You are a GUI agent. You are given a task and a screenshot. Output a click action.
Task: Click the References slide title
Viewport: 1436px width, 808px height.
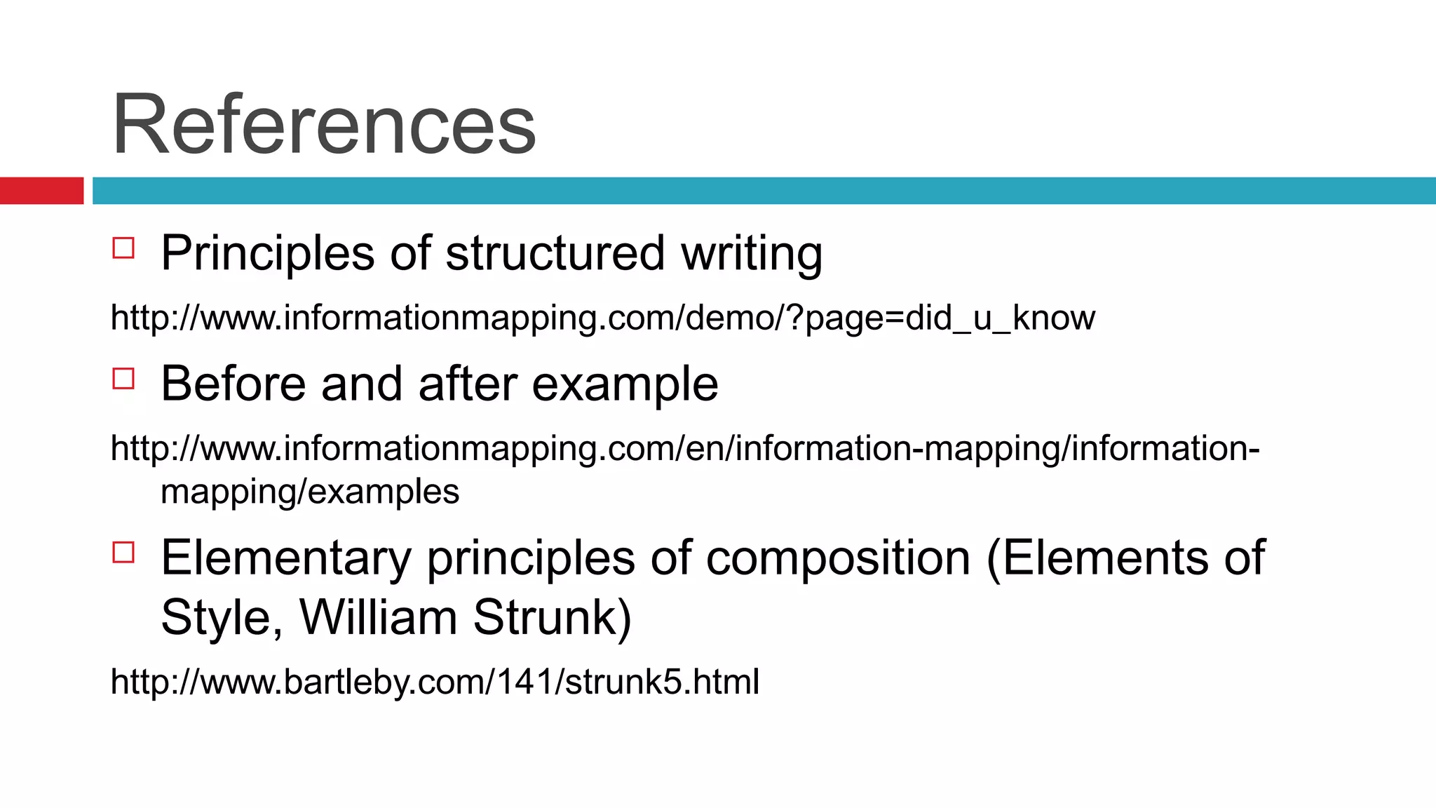click(324, 125)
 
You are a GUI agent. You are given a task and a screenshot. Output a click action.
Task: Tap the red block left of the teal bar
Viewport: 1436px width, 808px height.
click(41, 191)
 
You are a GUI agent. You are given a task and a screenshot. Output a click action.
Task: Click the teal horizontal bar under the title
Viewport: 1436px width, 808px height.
click(763, 191)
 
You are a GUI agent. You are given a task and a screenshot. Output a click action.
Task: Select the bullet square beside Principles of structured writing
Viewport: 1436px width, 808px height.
click(123, 248)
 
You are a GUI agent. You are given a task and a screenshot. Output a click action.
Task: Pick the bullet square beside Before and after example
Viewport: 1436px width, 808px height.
click(123, 379)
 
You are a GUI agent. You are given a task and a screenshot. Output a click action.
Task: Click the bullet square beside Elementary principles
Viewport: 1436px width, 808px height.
click(123, 553)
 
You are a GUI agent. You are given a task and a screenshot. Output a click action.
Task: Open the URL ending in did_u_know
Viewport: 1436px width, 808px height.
click(602, 318)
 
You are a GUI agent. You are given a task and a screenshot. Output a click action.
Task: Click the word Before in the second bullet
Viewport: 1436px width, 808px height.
click(233, 384)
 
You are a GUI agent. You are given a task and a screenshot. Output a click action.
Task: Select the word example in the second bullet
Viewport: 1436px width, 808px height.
click(625, 384)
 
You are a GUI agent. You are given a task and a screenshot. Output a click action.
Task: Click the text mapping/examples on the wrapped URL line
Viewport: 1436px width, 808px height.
click(310, 491)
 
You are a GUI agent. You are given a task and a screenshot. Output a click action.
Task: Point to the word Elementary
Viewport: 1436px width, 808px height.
click(286, 558)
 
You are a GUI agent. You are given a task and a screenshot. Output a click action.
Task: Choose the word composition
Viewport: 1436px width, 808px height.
click(838, 558)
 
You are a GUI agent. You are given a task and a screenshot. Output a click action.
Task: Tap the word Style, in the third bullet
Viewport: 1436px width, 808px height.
click(222, 617)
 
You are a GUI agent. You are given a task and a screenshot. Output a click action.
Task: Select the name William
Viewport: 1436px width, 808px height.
click(379, 617)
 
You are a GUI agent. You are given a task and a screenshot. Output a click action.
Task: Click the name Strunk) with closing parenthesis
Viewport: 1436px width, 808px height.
click(553, 617)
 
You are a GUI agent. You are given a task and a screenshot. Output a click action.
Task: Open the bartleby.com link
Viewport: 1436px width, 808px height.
click(435, 682)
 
